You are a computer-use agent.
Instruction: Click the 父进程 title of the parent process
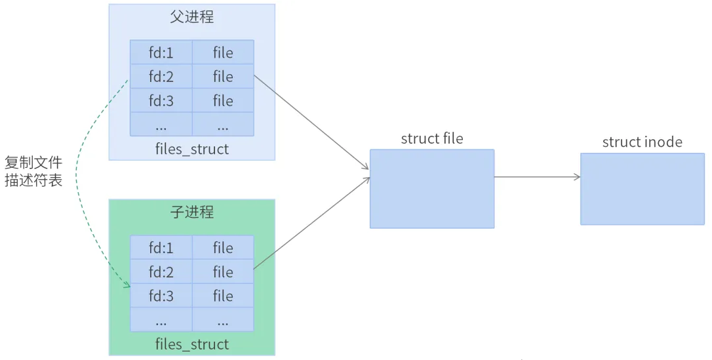pos(192,17)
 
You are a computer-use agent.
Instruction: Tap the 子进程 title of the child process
pos(192,212)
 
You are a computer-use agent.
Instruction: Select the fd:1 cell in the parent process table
pos(161,52)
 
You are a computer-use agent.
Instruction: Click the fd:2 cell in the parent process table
pos(161,77)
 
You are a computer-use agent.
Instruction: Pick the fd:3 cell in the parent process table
pos(161,100)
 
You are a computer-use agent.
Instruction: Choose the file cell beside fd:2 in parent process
pos(223,77)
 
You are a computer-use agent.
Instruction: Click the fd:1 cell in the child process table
pos(161,248)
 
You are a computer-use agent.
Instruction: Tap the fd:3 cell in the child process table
pos(161,296)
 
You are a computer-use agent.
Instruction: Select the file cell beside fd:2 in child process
pos(223,272)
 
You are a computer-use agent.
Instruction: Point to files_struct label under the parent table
pos(192,149)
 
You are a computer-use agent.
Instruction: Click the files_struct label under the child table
pos(192,344)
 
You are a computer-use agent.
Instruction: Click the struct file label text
pos(432,139)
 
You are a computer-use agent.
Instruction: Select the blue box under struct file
pos(432,189)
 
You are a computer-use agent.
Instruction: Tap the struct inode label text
pos(643,142)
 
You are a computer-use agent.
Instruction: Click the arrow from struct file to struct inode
pos(538,177)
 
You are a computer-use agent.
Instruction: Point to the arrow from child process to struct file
pos(311,222)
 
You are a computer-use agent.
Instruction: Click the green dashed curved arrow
pos(77,177)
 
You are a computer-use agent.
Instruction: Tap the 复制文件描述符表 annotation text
pos(33,171)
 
